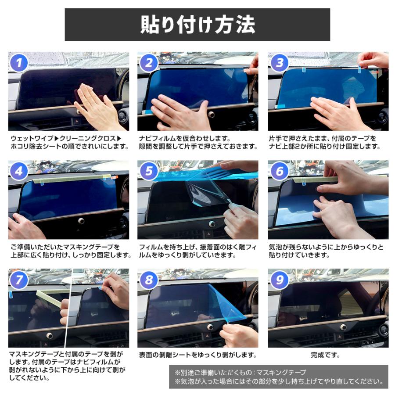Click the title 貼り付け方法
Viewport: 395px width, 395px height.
pyautogui.click(x=197, y=25)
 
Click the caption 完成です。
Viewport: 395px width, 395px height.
pyautogui.click(x=325, y=355)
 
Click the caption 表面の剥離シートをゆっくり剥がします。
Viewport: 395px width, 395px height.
pyautogui.click(x=197, y=355)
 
